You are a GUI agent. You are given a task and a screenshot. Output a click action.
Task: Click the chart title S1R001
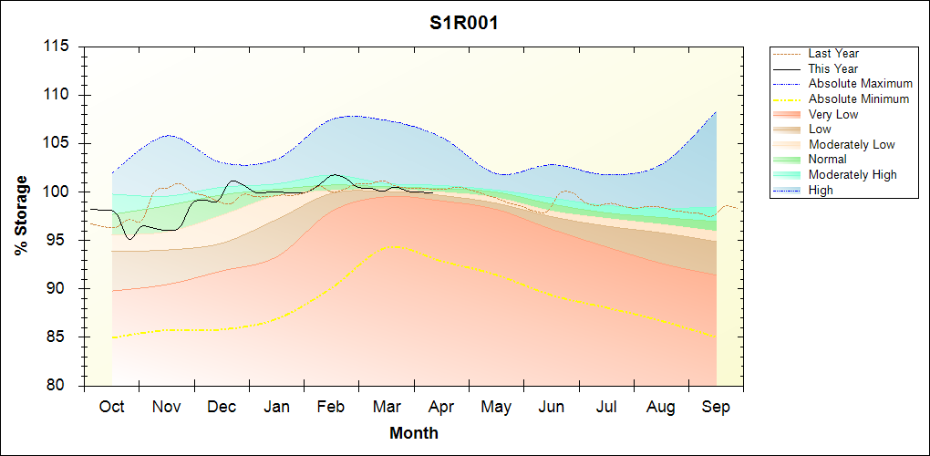pos(464,24)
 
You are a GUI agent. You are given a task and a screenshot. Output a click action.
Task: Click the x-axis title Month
pos(414,433)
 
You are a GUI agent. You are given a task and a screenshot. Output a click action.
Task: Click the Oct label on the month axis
pos(112,407)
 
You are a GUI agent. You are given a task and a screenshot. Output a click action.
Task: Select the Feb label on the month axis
pos(331,407)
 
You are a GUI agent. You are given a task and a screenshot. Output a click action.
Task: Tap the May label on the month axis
pos(496,407)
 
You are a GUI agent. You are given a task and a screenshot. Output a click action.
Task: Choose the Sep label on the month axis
pos(716,407)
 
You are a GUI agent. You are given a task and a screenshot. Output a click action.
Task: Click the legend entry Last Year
pos(833,54)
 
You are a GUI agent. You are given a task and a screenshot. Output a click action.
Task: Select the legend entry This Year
pos(833,68)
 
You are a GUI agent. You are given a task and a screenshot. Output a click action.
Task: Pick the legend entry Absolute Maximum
pos(860,84)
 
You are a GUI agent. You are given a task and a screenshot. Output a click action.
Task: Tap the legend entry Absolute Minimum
pos(859,98)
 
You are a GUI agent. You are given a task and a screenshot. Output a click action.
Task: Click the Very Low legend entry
pos(833,114)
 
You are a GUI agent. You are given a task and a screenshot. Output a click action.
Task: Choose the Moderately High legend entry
pos(852,174)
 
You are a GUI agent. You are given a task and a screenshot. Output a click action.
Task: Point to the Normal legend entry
pos(828,160)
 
